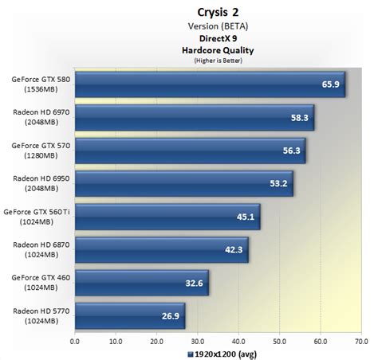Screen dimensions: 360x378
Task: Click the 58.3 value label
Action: (x=300, y=117)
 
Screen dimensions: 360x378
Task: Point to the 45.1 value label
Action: (x=246, y=216)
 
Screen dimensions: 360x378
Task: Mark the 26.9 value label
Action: (x=171, y=315)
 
